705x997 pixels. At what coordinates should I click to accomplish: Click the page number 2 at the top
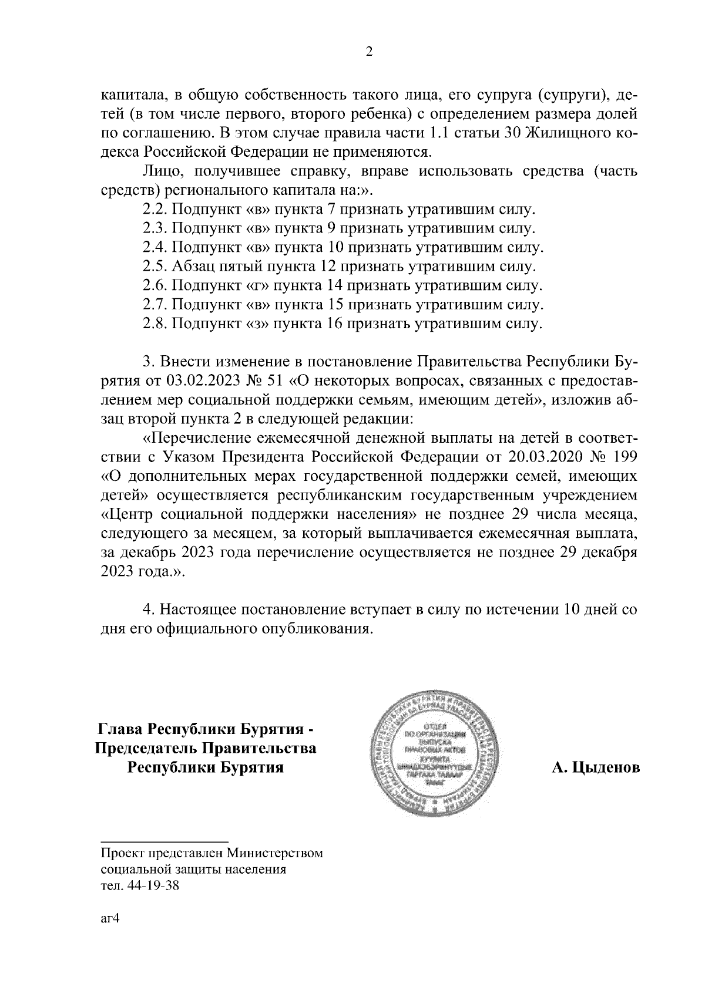pos(369,52)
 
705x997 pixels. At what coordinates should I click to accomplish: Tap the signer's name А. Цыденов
pos(596,768)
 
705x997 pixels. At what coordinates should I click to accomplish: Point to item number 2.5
pos(155,267)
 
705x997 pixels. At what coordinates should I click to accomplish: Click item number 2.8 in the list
pos(155,324)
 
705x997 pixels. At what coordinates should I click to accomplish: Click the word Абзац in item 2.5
pos(192,267)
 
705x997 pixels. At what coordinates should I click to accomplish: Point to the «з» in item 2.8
pos(256,324)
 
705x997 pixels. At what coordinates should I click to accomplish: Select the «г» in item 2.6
pos(256,286)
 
